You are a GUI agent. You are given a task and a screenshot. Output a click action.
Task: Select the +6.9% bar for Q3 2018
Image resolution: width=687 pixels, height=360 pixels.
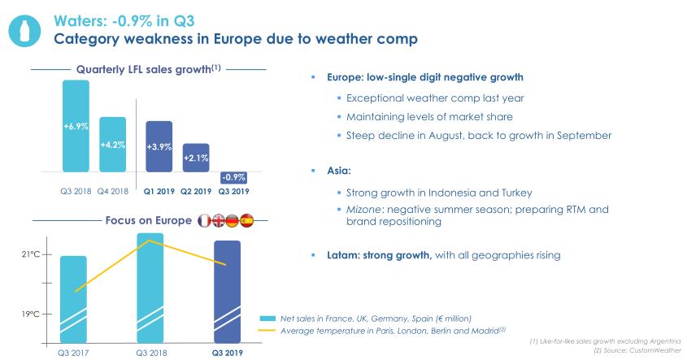tap(76, 126)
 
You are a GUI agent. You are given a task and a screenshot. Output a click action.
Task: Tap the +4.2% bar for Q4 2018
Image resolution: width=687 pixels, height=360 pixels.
tap(112, 145)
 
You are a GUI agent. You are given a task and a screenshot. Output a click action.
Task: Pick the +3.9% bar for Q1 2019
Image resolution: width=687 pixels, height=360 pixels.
tap(159, 146)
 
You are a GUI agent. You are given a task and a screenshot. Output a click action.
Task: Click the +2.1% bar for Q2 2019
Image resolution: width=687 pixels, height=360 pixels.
tap(196, 157)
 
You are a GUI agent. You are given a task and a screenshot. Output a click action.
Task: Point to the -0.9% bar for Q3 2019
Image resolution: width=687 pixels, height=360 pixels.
tap(234, 177)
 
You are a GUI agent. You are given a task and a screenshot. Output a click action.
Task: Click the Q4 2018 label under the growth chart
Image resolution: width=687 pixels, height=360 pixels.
tap(113, 192)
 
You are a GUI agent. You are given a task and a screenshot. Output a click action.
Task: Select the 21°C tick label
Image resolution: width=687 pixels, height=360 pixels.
tap(31, 254)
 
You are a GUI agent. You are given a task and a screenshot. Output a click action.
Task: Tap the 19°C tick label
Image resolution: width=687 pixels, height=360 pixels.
tap(31, 313)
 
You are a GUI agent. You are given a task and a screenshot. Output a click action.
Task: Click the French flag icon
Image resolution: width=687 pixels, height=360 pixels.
tap(205, 220)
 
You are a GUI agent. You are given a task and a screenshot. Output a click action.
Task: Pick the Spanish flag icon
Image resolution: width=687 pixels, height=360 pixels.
tap(247, 220)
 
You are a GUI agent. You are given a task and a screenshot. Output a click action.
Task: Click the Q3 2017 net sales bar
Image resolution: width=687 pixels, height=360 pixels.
tap(73, 299)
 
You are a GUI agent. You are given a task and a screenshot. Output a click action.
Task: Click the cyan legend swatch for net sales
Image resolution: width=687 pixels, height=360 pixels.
tap(266, 318)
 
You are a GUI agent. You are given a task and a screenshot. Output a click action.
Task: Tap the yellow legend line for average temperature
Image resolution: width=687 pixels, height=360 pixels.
tap(266, 330)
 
